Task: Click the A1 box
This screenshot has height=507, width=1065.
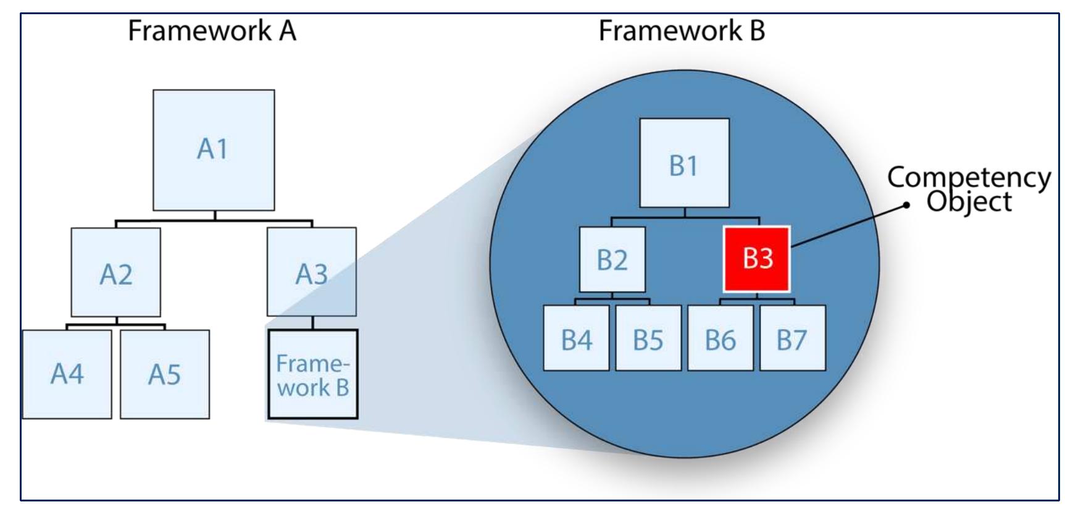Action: coord(214,150)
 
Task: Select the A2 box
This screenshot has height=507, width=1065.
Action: coord(116,272)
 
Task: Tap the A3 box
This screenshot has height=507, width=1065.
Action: coord(311,272)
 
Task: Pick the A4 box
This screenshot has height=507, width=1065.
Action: coord(67,374)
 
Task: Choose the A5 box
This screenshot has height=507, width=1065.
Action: coord(165,374)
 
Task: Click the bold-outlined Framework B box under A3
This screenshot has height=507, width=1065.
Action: coord(313,375)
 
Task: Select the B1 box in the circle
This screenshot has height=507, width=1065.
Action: coord(684,164)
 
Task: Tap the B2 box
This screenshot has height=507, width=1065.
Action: coord(612,259)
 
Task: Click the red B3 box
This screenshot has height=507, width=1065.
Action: coord(757,259)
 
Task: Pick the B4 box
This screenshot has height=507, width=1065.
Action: coord(576,338)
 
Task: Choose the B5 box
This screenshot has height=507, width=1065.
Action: coord(648,338)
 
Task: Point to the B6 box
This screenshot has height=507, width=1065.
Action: coord(720,338)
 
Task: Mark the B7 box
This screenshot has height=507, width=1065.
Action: coord(792,338)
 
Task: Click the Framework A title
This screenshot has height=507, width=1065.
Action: coord(212,30)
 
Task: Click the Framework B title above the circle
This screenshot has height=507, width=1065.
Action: coord(682,30)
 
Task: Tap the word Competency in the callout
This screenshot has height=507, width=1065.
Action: coord(969,178)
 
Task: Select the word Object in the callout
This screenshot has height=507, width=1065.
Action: coord(969,202)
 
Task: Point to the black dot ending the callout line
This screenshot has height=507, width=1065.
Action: coord(906,206)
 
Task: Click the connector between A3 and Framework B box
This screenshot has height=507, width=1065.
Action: coord(312,323)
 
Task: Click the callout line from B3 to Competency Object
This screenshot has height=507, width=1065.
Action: coord(849,226)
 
